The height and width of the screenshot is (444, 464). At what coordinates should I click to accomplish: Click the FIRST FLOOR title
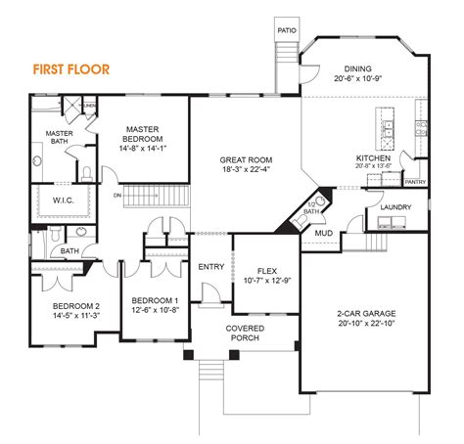71,69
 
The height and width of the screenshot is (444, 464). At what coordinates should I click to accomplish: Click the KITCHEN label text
374,156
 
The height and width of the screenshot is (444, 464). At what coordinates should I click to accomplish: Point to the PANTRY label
415,181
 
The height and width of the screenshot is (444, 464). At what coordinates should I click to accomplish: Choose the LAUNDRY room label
394,207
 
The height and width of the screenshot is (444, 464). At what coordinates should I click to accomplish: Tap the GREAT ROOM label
247,159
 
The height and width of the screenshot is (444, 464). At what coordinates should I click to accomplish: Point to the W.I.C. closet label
51,201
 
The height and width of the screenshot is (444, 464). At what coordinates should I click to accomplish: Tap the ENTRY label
210,266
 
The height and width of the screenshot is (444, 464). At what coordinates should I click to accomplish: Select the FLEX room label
266,271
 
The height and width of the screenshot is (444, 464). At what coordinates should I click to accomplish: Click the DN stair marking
118,195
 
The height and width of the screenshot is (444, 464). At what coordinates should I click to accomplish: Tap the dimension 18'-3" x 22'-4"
247,169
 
